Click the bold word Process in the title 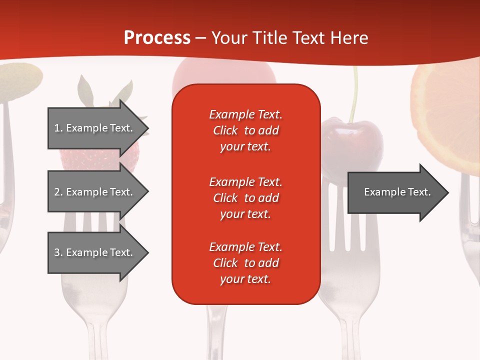[157, 38]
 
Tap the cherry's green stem [355, 95]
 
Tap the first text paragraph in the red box [245, 130]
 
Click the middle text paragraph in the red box [245, 197]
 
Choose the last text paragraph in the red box [245, 263]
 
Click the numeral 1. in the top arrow [58, 128]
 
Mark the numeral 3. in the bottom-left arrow [58, 252]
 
